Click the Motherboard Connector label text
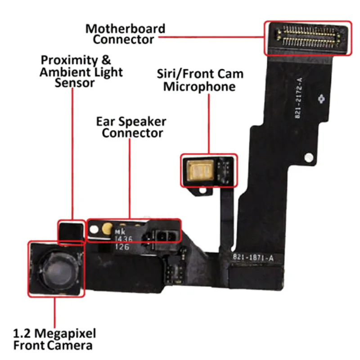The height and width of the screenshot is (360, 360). tap(125, 34)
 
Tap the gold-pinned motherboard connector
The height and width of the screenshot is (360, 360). tap(307, 37)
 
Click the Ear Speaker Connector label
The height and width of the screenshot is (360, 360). tap(132, 127)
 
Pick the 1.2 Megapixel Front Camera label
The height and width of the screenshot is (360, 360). tap(54, 339)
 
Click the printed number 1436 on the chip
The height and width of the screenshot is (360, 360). tap(123, 239)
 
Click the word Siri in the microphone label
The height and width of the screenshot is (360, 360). tap(169, 73)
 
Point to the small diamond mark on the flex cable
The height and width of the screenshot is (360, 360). tap(321, 98)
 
